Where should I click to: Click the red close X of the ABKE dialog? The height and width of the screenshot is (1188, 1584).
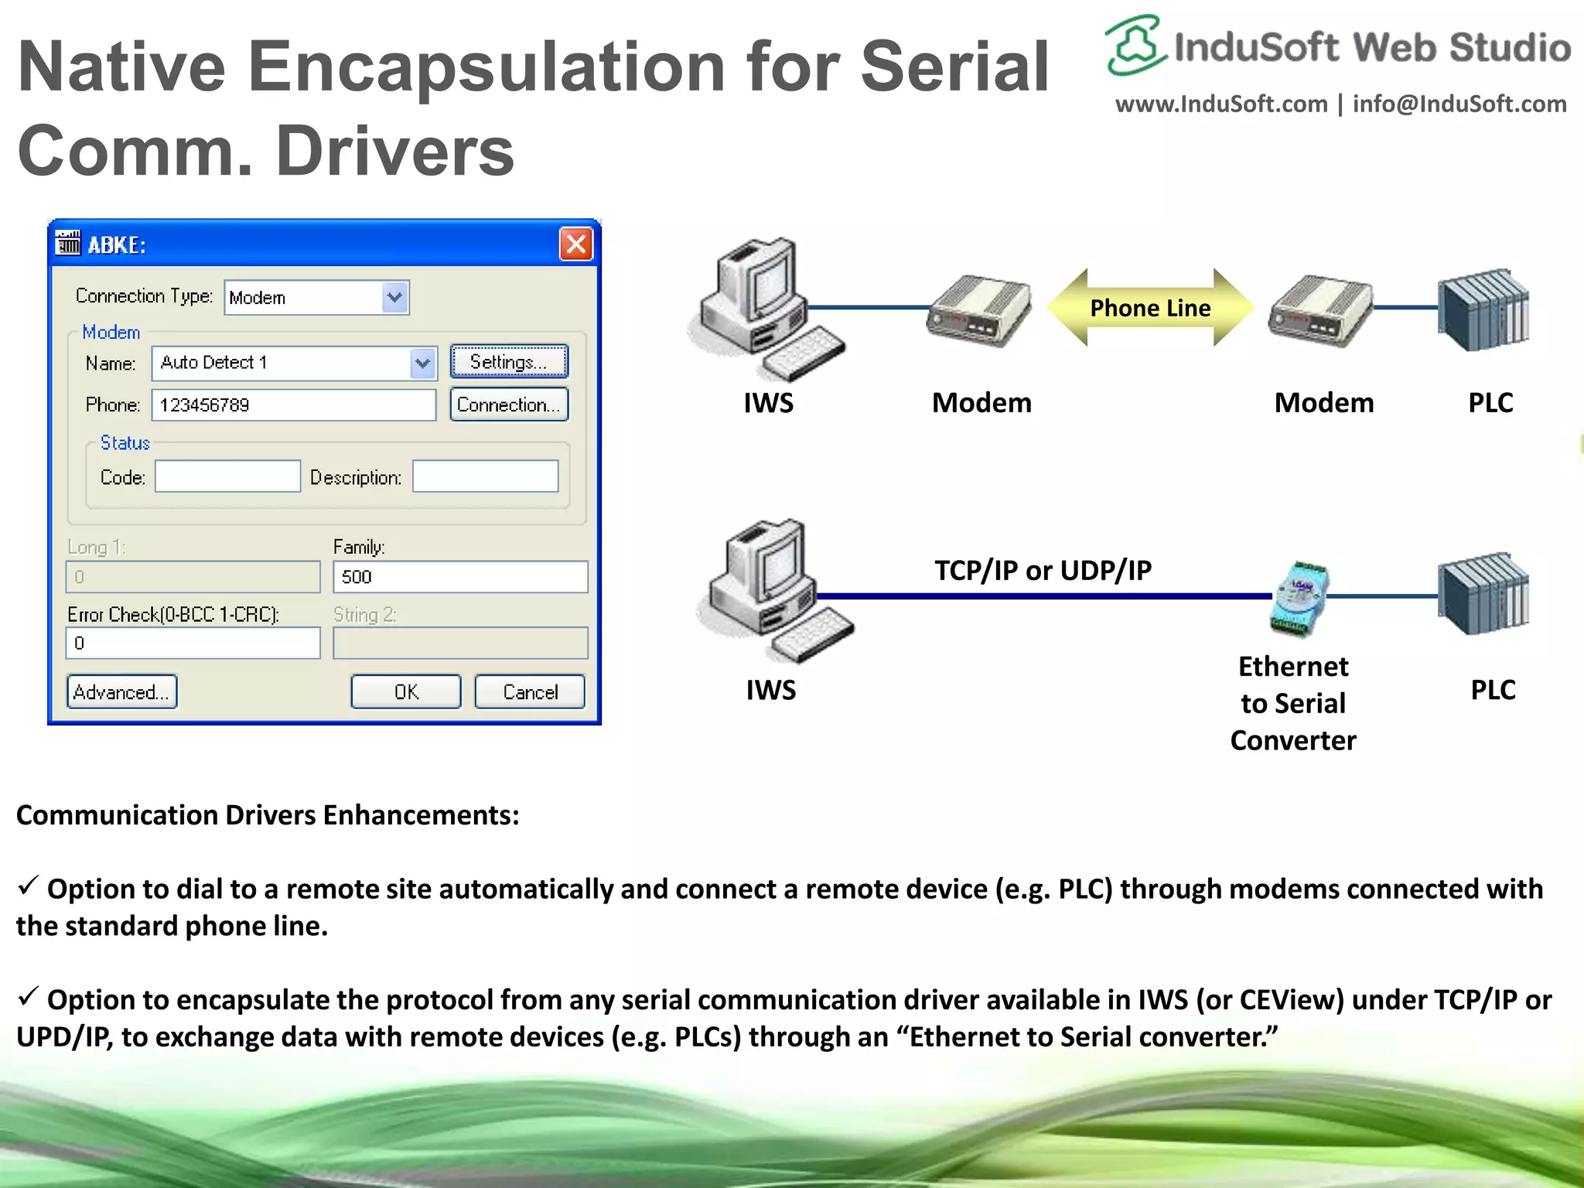[x=576, y=244]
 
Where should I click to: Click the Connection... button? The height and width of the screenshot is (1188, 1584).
[x=509, y=405]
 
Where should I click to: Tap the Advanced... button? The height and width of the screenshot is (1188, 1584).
[x=122, y=691]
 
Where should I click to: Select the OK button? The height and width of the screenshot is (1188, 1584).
[x=406, y=691]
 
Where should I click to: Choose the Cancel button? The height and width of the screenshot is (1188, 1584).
[x=530, y=691]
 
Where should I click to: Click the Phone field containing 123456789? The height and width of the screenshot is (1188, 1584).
[x=294, y=405]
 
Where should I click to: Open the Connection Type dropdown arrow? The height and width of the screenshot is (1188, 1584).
[x=394, y=298]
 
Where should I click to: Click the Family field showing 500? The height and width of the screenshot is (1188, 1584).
[x=460, y=577]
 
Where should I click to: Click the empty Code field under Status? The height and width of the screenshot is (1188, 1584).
[x=227, y=476]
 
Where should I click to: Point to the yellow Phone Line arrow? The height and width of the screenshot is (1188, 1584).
[x=1150, y=308]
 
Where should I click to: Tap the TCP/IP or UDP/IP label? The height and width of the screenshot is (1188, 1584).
[x=1043, y=570]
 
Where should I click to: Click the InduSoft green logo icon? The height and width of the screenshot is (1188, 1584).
[x=1135, y=45]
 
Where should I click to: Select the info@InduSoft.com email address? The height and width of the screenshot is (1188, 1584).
[x=1459, y=104]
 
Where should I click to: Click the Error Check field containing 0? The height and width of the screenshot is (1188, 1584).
[x=193, y=643]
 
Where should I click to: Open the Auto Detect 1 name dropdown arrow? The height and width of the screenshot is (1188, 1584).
[x=422, y=363]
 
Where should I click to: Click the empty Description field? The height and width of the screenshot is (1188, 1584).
[x=485, y=476]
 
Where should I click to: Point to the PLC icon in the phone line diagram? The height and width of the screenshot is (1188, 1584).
[x=1483, y=309]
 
